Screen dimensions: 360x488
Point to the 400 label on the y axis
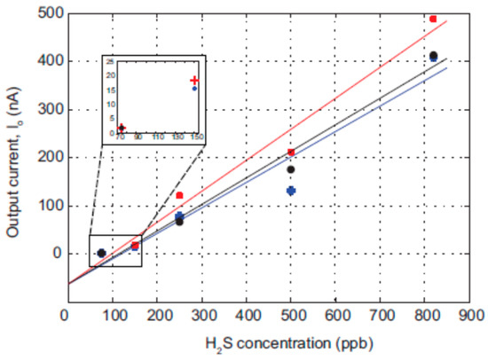(45, 61)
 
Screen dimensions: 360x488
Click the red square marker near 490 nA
(433, 19)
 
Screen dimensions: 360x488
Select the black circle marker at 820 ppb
(433, 56)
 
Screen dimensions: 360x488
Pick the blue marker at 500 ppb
(291, 191)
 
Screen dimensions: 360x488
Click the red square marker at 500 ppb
(291, 153)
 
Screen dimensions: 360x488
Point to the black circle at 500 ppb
(291, 169)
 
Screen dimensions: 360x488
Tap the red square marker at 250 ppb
(179, 195)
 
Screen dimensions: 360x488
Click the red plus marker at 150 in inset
(194, 81)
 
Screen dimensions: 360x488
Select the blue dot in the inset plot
(194, 89)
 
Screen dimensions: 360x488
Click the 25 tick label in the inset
(111, 62)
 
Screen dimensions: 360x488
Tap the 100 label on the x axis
(109, 314)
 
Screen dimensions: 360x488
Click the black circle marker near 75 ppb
(101, 253)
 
